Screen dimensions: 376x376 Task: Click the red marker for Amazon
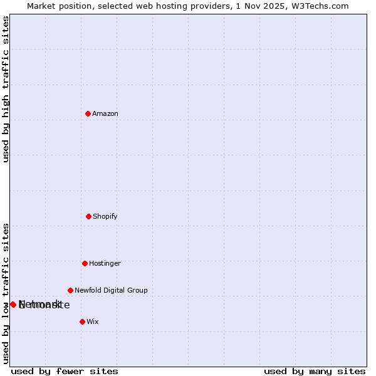[x=88, y=113]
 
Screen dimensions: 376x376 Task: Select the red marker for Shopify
[x=88, y=216]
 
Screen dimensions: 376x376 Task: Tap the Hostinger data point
[x=85, y=263]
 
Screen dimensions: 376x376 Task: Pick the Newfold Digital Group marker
[x=70, y=290]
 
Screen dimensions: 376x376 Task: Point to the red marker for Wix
[x=82, y=321]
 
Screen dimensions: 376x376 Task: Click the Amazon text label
[x=105, y=113]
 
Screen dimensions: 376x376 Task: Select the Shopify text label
[x=105, y=216]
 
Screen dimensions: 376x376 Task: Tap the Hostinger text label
[x=105, y=263]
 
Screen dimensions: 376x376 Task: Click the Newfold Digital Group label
[x=111, y=290]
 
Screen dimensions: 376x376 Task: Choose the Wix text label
[x=93, y=321]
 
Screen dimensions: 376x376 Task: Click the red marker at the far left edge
[x=13, y=305]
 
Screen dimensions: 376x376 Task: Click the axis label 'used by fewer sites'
[x=65, y=371]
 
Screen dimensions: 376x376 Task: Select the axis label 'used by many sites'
[x=315, y=371]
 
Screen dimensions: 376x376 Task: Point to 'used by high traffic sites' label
[x=6, y=89]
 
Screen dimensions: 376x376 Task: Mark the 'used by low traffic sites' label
[x=6, y=293]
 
